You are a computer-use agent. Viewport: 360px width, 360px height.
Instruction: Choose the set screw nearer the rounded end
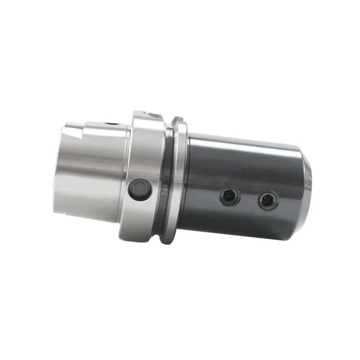coord(267,201)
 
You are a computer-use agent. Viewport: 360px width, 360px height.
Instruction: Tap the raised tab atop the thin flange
coord(177,120)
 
